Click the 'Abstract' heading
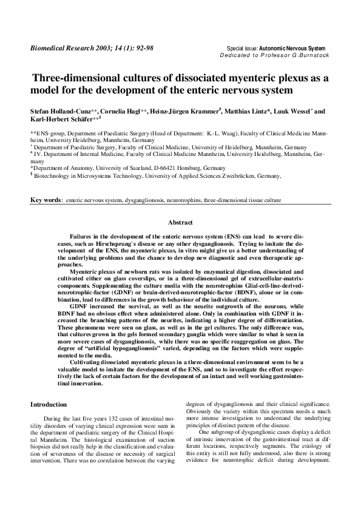point(180,223)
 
